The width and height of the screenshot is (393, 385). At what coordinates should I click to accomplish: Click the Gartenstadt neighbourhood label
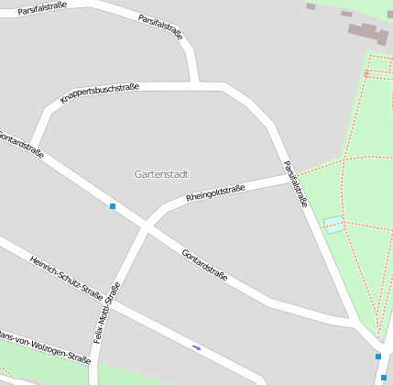point(161,173)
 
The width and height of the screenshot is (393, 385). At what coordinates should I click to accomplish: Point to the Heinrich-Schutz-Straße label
point(66,278)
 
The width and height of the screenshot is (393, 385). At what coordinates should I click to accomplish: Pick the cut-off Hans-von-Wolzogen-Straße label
point(46,347)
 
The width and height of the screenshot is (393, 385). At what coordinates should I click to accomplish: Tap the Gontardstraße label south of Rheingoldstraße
point(204,264)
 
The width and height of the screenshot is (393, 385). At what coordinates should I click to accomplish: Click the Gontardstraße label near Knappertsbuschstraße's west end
point(21,145)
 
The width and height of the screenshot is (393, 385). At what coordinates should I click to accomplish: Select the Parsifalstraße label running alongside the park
point(295,183)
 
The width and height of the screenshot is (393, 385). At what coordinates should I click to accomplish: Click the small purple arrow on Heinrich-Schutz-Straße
point(196,347)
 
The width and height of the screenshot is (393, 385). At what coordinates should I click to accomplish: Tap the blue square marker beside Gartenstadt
point(113,206)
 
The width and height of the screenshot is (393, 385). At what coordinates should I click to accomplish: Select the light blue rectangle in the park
point(334,225)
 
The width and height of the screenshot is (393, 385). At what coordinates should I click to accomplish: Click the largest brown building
point(368,33)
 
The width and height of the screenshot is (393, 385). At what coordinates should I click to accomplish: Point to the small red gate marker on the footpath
point(366,72)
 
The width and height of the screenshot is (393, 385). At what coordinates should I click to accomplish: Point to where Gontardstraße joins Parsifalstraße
point(353,323)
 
